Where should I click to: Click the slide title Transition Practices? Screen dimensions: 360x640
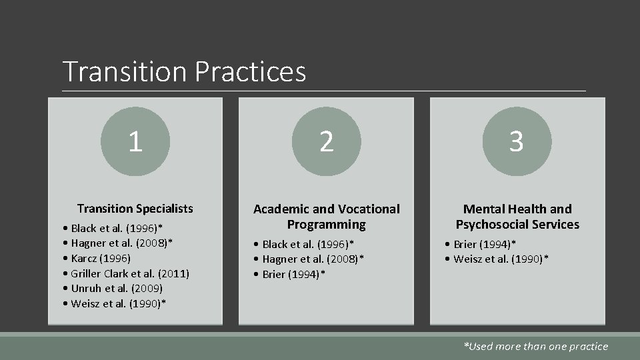click(184, 71)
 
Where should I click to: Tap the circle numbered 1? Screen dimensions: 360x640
click(135, 141)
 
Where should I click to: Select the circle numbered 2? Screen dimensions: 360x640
click(326, 141)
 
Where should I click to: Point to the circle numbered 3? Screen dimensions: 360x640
click(517, 141)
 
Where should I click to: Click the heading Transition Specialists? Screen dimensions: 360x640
click(135, 209)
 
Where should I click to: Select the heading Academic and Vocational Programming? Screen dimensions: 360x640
click(326, 217)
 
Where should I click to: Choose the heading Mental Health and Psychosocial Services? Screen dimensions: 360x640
click(517, 217)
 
